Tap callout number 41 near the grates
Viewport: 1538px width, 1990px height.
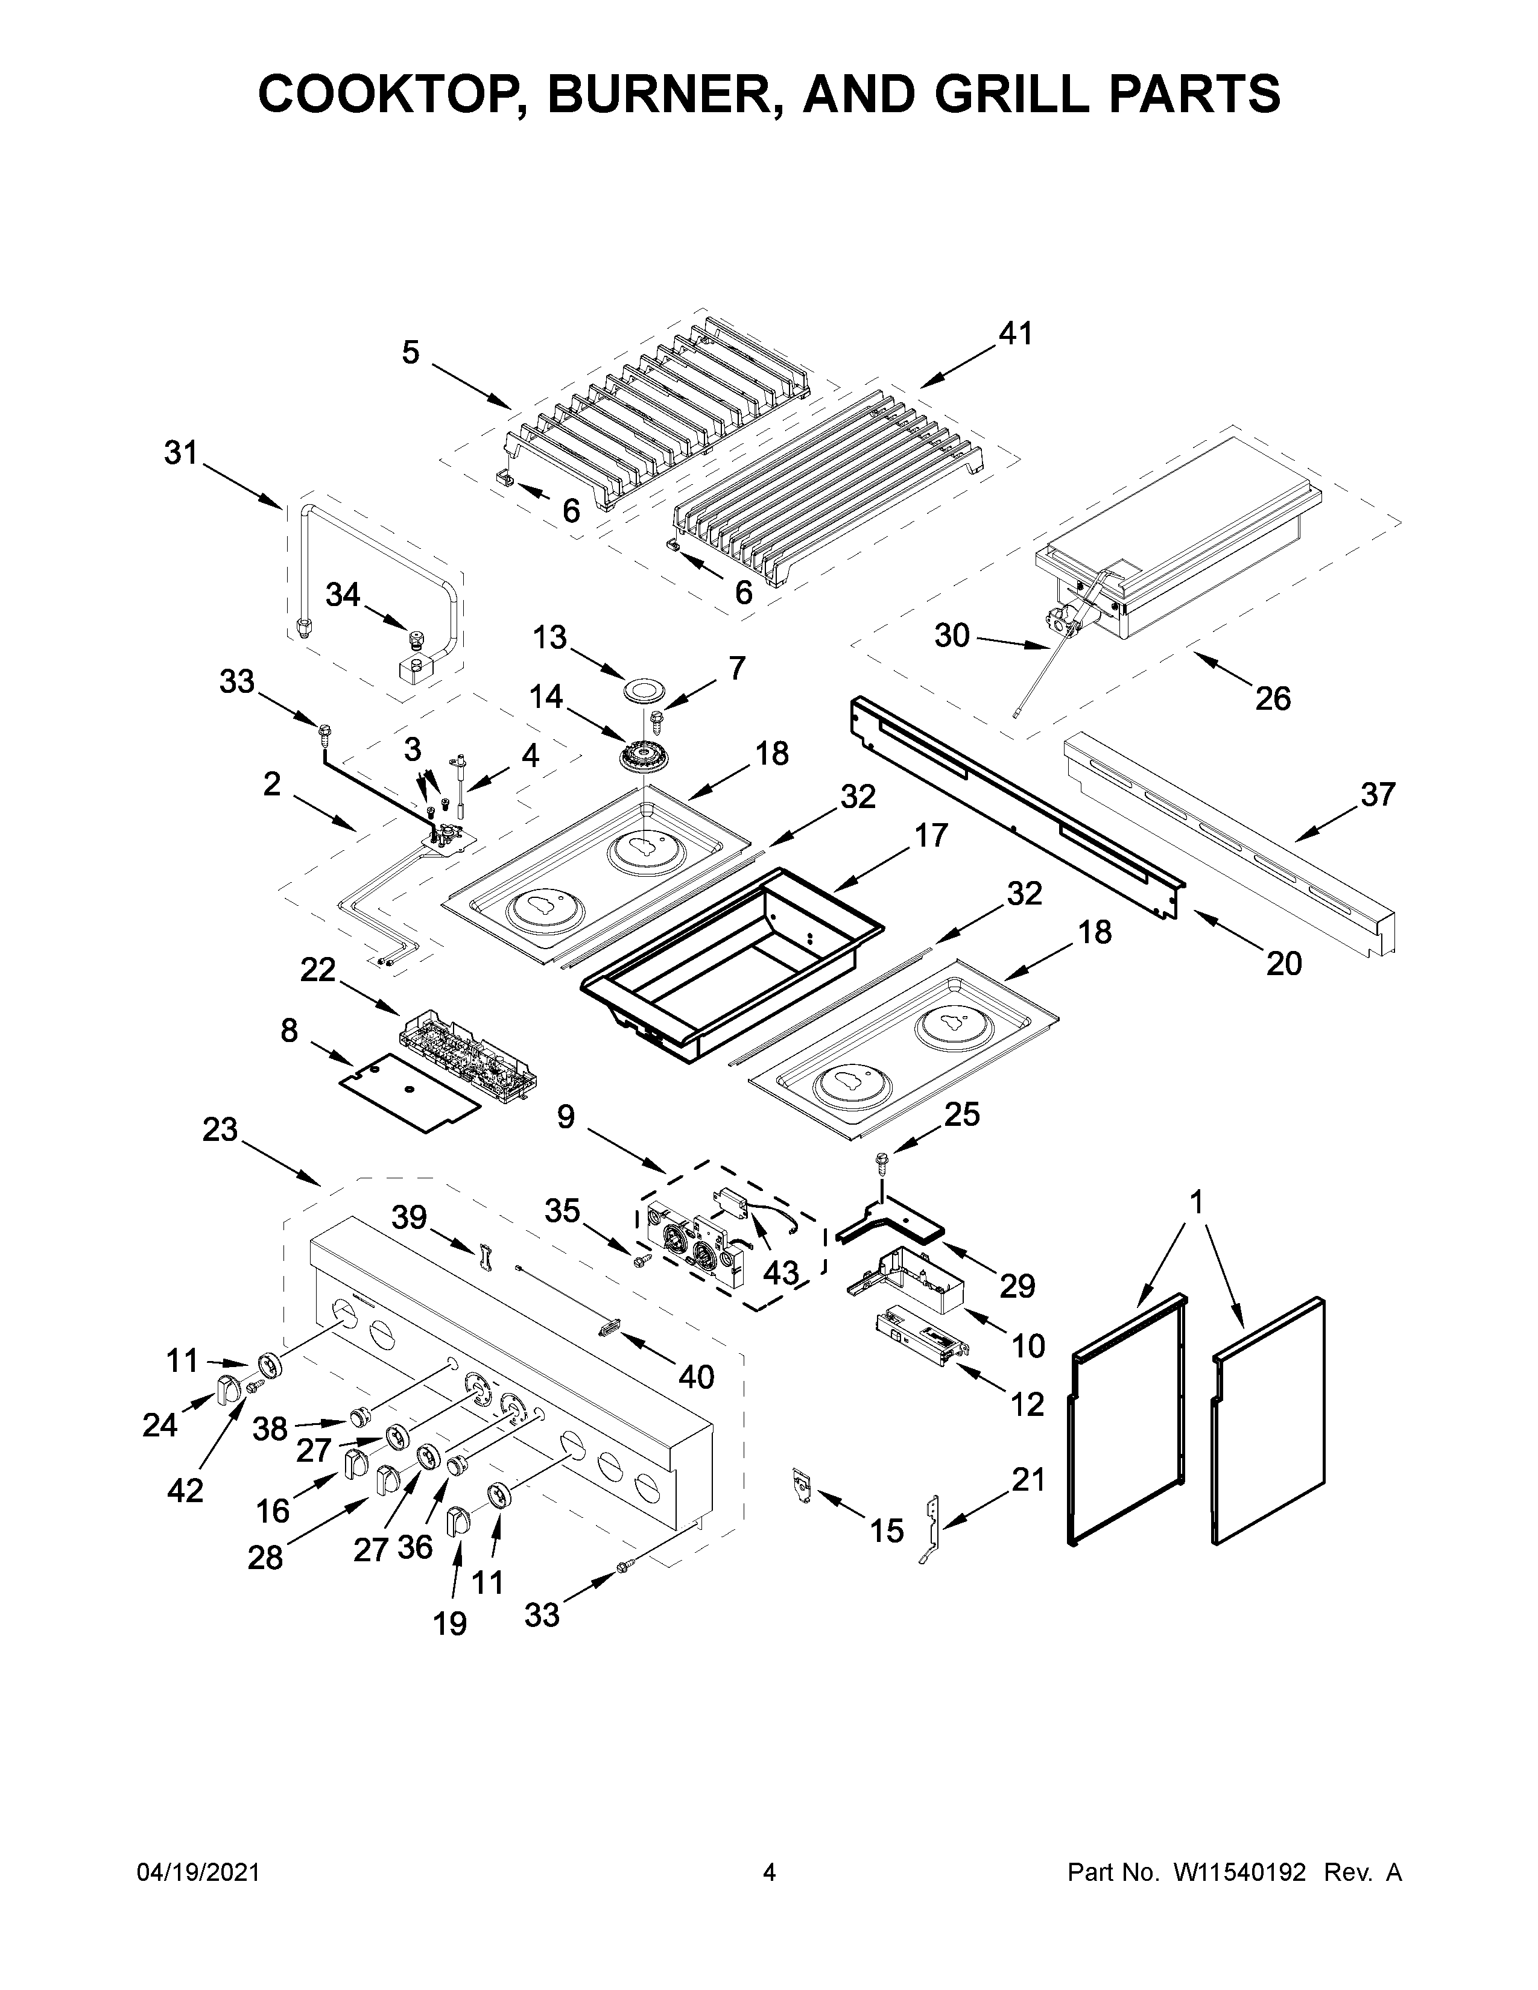(1015, 335)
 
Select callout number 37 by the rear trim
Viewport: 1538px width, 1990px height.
(1377, 795)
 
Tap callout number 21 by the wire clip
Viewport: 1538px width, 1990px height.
(1028, 1480)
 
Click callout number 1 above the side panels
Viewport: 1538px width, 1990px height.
(1197, 1203)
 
